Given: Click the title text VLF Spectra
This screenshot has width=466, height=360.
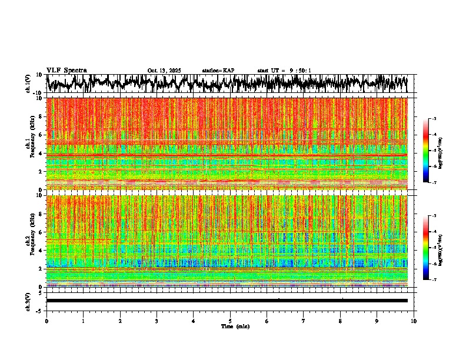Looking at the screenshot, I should coord(66,70).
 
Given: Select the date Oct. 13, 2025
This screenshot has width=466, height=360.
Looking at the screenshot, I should coord(164,71).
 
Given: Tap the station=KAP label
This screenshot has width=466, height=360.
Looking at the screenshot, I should coord(218,71).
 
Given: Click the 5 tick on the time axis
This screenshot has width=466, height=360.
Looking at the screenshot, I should coord(230,321).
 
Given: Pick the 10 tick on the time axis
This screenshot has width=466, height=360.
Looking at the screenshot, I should coord(414,321).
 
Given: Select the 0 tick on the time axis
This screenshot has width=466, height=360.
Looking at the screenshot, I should coord(46,321).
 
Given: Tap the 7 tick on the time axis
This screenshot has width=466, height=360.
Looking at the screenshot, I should coord(304,321).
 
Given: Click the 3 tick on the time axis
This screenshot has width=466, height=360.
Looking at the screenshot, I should coord(157,321).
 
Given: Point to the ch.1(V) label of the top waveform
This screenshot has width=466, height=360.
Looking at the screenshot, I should coord(28,84).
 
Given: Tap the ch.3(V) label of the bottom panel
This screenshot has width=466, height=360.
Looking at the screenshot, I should coord(28,301).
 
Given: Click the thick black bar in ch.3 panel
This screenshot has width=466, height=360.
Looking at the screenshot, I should coord(227,301).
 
